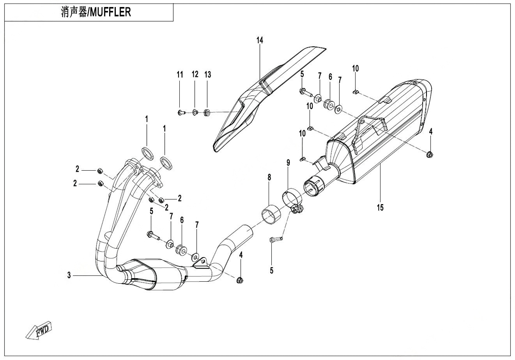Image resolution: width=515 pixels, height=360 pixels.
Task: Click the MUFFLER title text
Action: [96, 12]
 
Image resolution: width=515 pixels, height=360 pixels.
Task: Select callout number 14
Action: [260, 40]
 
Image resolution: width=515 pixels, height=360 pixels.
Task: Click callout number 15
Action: [380, 207]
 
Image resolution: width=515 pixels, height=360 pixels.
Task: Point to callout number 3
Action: [69, 275]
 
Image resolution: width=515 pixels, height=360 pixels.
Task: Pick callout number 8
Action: [269, 178]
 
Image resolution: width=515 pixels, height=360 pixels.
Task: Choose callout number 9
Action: [288, 162]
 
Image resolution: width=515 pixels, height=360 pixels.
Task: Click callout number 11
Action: [180, 75]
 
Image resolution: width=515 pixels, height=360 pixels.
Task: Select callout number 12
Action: [195, 75]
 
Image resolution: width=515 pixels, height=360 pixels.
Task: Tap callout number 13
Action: [208, 75]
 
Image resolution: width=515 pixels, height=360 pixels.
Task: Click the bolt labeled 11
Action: [180, 113]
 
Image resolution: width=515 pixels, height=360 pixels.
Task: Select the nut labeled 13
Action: [207, 113]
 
